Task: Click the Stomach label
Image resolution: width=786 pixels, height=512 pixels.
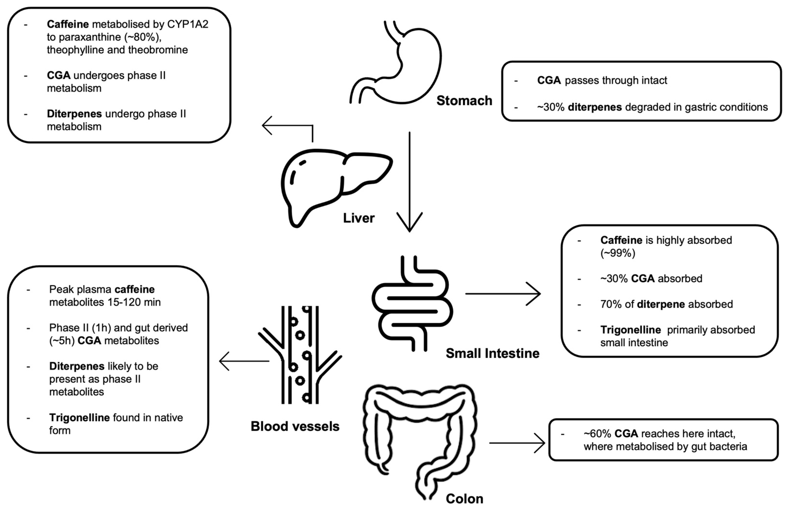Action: (464, 101)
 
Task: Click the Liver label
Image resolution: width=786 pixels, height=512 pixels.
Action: (359, 218)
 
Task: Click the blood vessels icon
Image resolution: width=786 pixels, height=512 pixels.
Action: (300, 355)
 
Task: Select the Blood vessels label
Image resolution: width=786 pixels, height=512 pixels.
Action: (295, 426)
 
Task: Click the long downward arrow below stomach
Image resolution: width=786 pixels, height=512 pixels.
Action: (410, 182)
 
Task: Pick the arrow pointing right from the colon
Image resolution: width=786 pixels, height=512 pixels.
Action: (517, 443)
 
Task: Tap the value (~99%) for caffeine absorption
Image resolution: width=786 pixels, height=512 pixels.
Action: (617, 253)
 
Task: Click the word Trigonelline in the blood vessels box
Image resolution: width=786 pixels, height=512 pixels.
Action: (79, 418)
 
